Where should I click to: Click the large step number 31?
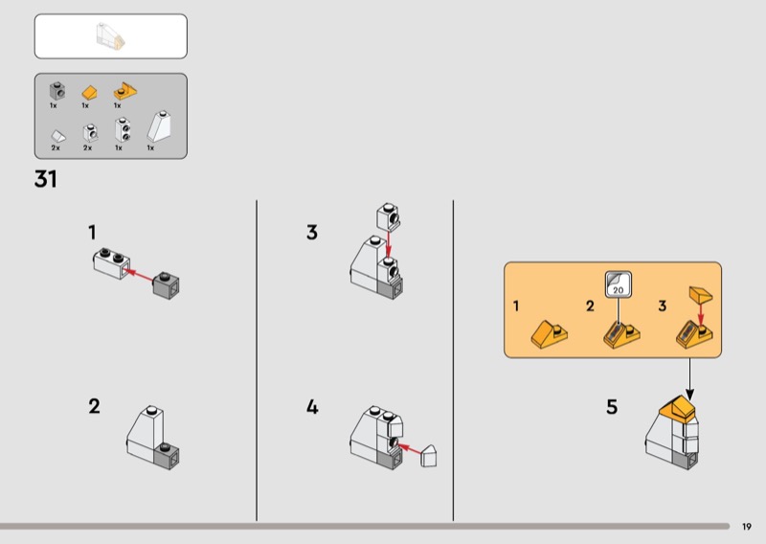pyautogui.click(x=45, y=179)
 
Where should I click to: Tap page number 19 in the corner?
pyautogui.click(x=747, y=527)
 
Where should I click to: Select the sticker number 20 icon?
pyautogui.click(x=618, y=284)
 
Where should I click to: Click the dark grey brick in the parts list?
pyautogui.click(x=57, y=91)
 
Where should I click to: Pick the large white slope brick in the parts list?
pyautogui.click(x=159, y=126)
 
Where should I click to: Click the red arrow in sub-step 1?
pyautogui.click(x=138, y=274)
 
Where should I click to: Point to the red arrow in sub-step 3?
pyautogui.click(x=389, y=244)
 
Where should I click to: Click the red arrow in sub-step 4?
pyautogui.click(x=409, y=448)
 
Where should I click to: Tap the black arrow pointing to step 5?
pyautogui.click(x=689, y=379)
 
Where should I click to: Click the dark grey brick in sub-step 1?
pyautogui.click(x=166, y=285)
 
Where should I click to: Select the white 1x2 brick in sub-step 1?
pyautogui.click(x=112, y=263)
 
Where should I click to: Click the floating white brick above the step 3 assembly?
pyautogui.click(x=389, y=217)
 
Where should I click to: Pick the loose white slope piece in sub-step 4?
pyautogui.click(x=428, y=456)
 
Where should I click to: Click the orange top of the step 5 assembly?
pyautogui.click(x=677, y=408)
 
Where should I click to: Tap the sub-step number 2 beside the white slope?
pyautogui.click(x=94, y=406)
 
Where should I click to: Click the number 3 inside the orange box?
pyautogui.click(x=662, y=306)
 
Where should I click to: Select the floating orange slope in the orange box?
pyautogui.click(x=701, y=295)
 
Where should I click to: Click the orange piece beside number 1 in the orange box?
pyautogui.click(x=549, y=334)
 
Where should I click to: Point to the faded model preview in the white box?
pyautogui.click(x=110, y=36)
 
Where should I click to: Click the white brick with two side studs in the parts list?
pyautogui.click(x=123, y=130)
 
